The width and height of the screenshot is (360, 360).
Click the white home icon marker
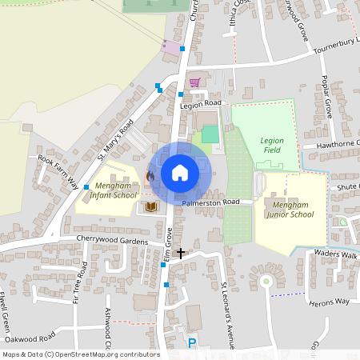coord(180,173)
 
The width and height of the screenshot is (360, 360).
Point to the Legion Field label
coord(272,146)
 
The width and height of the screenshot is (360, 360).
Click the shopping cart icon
coord(194,82)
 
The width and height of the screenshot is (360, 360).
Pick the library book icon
coord(149,207)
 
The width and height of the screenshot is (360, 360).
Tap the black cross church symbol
coord(181,253)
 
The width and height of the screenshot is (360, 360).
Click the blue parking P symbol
coord(191,343)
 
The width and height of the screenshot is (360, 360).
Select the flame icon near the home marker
coord(150,176)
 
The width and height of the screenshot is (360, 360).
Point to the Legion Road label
coord(200,104)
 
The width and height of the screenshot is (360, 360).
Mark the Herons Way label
coord(330,301)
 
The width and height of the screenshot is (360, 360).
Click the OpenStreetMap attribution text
coord(81,354)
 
